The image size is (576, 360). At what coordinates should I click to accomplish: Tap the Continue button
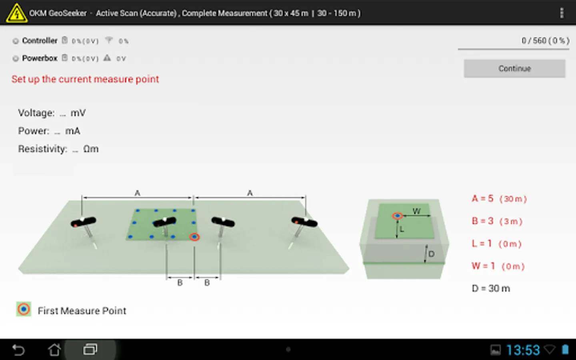coord(514,68)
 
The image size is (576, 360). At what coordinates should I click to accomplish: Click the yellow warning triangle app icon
coord(16,13)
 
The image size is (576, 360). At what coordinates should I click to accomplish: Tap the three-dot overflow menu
coord(562,13)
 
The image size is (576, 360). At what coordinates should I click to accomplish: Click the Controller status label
coord(40,41)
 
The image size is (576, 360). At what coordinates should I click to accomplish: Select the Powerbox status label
coord(40,58)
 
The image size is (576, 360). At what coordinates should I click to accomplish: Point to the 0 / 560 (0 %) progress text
coord(545,41)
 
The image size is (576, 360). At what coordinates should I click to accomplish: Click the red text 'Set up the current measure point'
coord(85,79)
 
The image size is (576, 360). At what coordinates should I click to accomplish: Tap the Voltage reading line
coord(52,113)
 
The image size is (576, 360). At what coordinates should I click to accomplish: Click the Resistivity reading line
coord(58,149)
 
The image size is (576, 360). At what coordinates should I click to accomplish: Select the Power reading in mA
coord(49,131)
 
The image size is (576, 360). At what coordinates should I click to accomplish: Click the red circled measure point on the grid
coord(194,237)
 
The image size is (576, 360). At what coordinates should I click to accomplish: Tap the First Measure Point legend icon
coord(24,309)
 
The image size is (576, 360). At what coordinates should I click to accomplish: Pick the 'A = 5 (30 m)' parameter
coord(499,199)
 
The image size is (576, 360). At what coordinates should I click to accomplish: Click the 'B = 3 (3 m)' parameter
coord(497,221)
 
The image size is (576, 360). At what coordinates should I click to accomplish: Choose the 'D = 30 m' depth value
coord(491,288)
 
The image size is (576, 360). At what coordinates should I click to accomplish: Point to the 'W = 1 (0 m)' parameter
coord(498,266)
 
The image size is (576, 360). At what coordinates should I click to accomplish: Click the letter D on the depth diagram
coord(431,254)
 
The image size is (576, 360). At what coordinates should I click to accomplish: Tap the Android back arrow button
coord(18,350)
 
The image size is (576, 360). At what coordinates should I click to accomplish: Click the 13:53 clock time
coord(523,350)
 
